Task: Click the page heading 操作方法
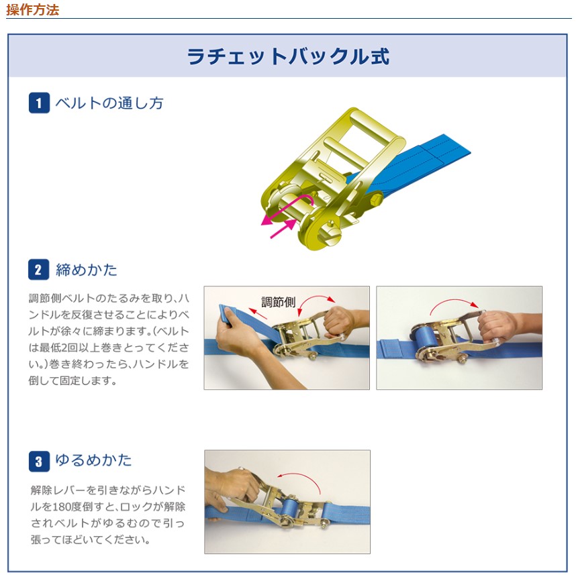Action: click(x=33, y=10)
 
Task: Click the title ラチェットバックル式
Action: click(x=288, y=56)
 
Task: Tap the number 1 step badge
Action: click(x=39, y=103)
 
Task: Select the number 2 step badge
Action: click(x=38, y=270)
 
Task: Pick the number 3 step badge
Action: click(x=39, y=461)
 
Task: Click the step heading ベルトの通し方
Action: click(x=109, y=103)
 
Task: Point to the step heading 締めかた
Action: click(x=87, y=270)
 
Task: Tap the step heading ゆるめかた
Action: click(x=93, y=460)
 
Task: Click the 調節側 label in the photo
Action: click(x=279, y=302)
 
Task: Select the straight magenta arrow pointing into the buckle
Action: click(x=283, y=229)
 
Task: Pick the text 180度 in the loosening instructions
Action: click(x=67, y=507)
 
